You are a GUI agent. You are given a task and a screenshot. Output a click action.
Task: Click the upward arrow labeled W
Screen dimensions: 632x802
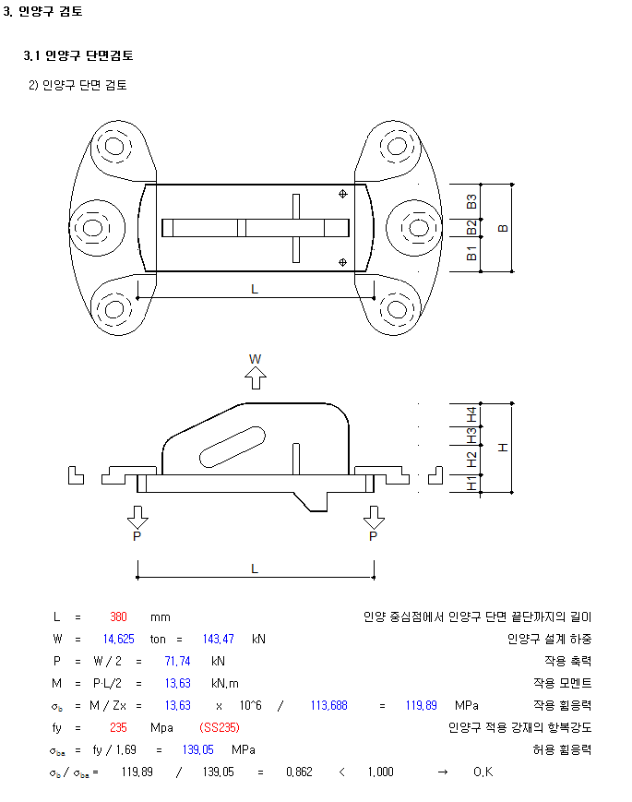(x=256, y=378)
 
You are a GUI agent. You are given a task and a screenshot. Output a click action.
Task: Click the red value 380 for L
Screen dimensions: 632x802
(x=118, y=616)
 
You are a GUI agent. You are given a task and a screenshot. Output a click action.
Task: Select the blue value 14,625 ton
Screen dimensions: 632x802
(x=119, y=639)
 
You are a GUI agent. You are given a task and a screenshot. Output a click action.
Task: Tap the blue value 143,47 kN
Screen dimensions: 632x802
(x=219, y=639)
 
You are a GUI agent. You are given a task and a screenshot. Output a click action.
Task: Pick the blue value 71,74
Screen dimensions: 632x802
(x=177, y=662)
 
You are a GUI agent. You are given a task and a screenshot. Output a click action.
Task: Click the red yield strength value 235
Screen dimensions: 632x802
(x=118, y=727)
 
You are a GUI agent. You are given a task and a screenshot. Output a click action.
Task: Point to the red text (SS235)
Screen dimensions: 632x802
(x=220, y=727)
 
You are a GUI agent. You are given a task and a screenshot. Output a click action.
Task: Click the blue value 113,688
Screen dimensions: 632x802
(x=328, y=705)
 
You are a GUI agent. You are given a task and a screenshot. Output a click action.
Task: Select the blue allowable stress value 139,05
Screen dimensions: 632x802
(x=197, y=749)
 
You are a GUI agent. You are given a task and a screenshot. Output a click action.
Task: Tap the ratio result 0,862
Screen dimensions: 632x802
(x=299, y=772)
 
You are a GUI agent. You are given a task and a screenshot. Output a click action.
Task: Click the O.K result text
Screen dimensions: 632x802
(x=483, y=772)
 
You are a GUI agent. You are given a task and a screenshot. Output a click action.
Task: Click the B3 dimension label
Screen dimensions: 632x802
(x=471, y=201)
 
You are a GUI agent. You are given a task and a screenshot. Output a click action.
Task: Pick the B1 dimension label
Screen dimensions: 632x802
(x=471, y=253)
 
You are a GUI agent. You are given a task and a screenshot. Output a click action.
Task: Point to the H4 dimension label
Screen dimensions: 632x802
(x=471, y=414)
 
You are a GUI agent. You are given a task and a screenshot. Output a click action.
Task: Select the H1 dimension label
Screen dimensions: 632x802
(x=471, y=484)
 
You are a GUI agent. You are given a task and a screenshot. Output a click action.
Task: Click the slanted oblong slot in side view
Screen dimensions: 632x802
(x=233, y=447)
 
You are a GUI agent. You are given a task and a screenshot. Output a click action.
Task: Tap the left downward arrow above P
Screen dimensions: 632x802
(x=137, y=517)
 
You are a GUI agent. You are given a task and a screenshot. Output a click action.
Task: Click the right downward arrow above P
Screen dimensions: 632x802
(x=374, y=517)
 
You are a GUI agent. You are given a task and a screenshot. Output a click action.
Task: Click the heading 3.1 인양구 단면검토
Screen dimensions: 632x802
(x=78, y=55)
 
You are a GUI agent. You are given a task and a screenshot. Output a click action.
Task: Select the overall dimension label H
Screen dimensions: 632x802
(x=503, y=448)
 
